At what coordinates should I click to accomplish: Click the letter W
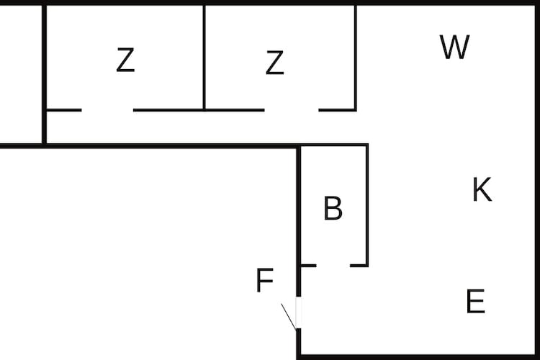454,47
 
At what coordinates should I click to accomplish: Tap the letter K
482,189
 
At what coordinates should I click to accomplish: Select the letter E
476,301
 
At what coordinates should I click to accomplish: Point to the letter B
333,208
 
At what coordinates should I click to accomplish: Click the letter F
265,280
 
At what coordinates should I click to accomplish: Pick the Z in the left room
125,60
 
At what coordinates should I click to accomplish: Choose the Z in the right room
275,63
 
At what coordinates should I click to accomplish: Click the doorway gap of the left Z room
107,110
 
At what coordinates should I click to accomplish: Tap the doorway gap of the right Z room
292,110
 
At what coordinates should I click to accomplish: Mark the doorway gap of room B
333,266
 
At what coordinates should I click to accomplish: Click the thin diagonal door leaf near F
289,317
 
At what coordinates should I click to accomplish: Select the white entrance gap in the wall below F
299,312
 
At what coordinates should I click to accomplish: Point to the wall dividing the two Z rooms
204,57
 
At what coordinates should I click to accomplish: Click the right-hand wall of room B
367,205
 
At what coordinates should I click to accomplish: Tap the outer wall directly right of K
537,189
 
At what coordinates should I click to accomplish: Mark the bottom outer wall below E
418,357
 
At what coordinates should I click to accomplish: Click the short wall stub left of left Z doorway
63,110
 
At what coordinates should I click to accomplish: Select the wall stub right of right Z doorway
338,110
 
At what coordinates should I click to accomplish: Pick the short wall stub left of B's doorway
309,266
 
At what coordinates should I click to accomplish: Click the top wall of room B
333,145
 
